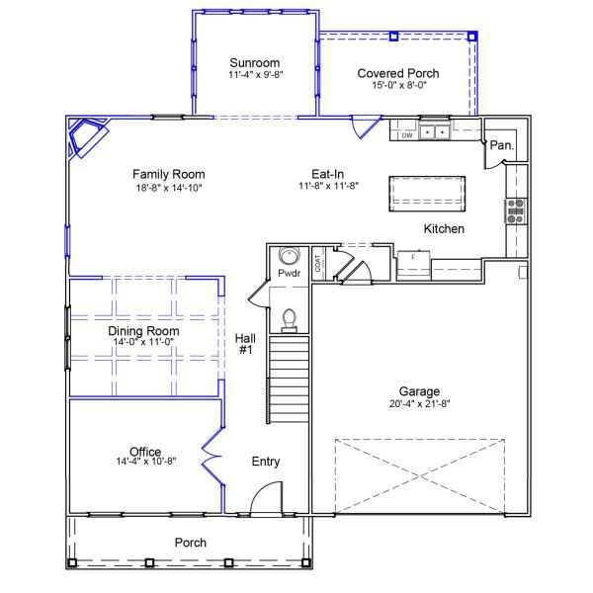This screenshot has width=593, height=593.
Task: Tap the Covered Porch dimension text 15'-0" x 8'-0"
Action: (x=397, y=86)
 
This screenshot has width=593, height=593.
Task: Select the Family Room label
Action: (x=168, y=174)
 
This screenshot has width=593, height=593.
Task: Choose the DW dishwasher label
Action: (x=406, y=135)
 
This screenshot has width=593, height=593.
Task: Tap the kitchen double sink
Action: (x=434, y=130)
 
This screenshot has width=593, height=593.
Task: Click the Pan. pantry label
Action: (x=500, y=145)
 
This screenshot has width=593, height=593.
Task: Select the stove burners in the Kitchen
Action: (x=515, y=210)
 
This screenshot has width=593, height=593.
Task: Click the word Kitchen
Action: (x=444, y=229)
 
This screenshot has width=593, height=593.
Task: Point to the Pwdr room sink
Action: (x=289, y=254)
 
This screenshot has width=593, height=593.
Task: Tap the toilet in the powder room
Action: (x=290, y=318)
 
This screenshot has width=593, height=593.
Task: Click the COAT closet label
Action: (x=318, y=263)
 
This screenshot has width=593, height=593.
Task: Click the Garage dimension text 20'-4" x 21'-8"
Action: (x=419, y=403)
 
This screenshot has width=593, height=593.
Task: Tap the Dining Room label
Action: (x=143, y=331)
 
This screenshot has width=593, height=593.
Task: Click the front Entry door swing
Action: (x=265, y=504)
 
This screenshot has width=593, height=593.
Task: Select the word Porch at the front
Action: (x=191, y=543)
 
